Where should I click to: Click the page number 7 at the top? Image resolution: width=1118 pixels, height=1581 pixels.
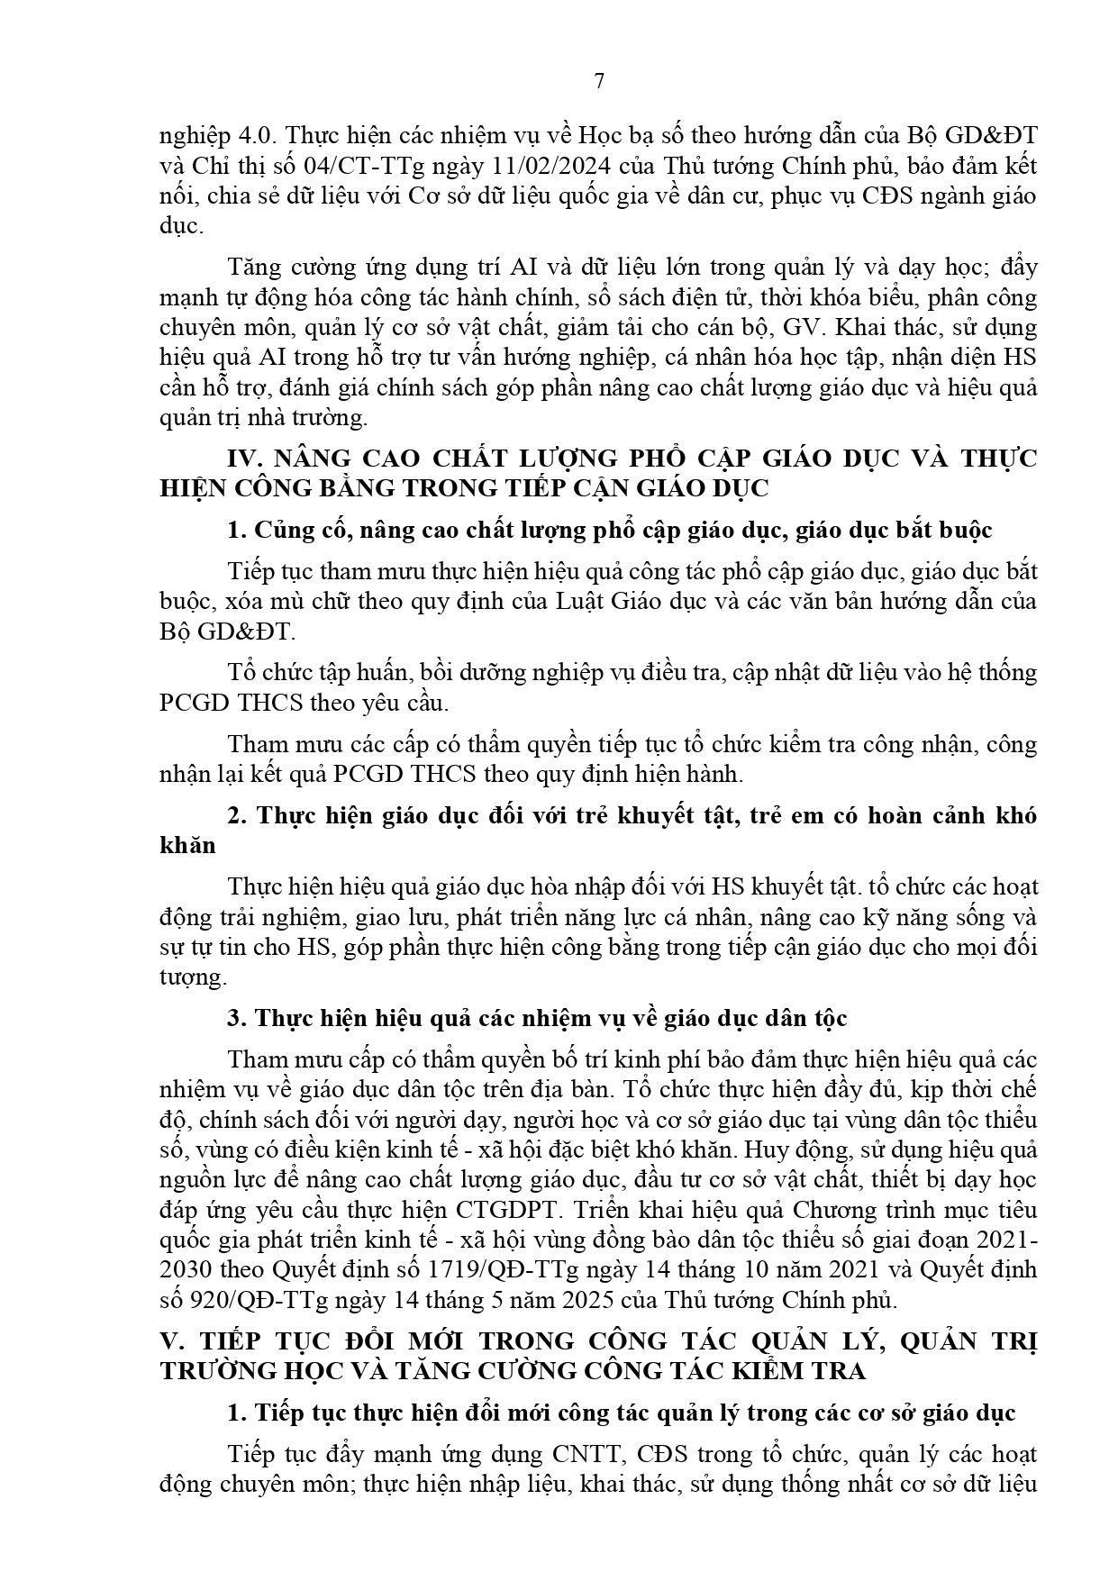(599, 82)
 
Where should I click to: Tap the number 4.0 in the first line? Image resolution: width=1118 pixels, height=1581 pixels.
(255, 136)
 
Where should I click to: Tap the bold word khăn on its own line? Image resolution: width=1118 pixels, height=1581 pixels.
(186, 846)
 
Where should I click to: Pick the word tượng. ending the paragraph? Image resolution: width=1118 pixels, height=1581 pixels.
(188, 977)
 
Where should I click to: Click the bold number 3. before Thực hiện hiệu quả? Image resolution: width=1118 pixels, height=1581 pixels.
(237, 1019)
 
